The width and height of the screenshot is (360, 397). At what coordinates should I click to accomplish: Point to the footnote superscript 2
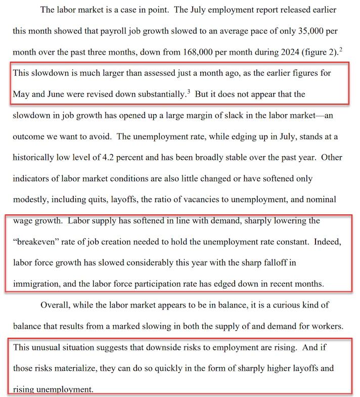click(x=341, y=49)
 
